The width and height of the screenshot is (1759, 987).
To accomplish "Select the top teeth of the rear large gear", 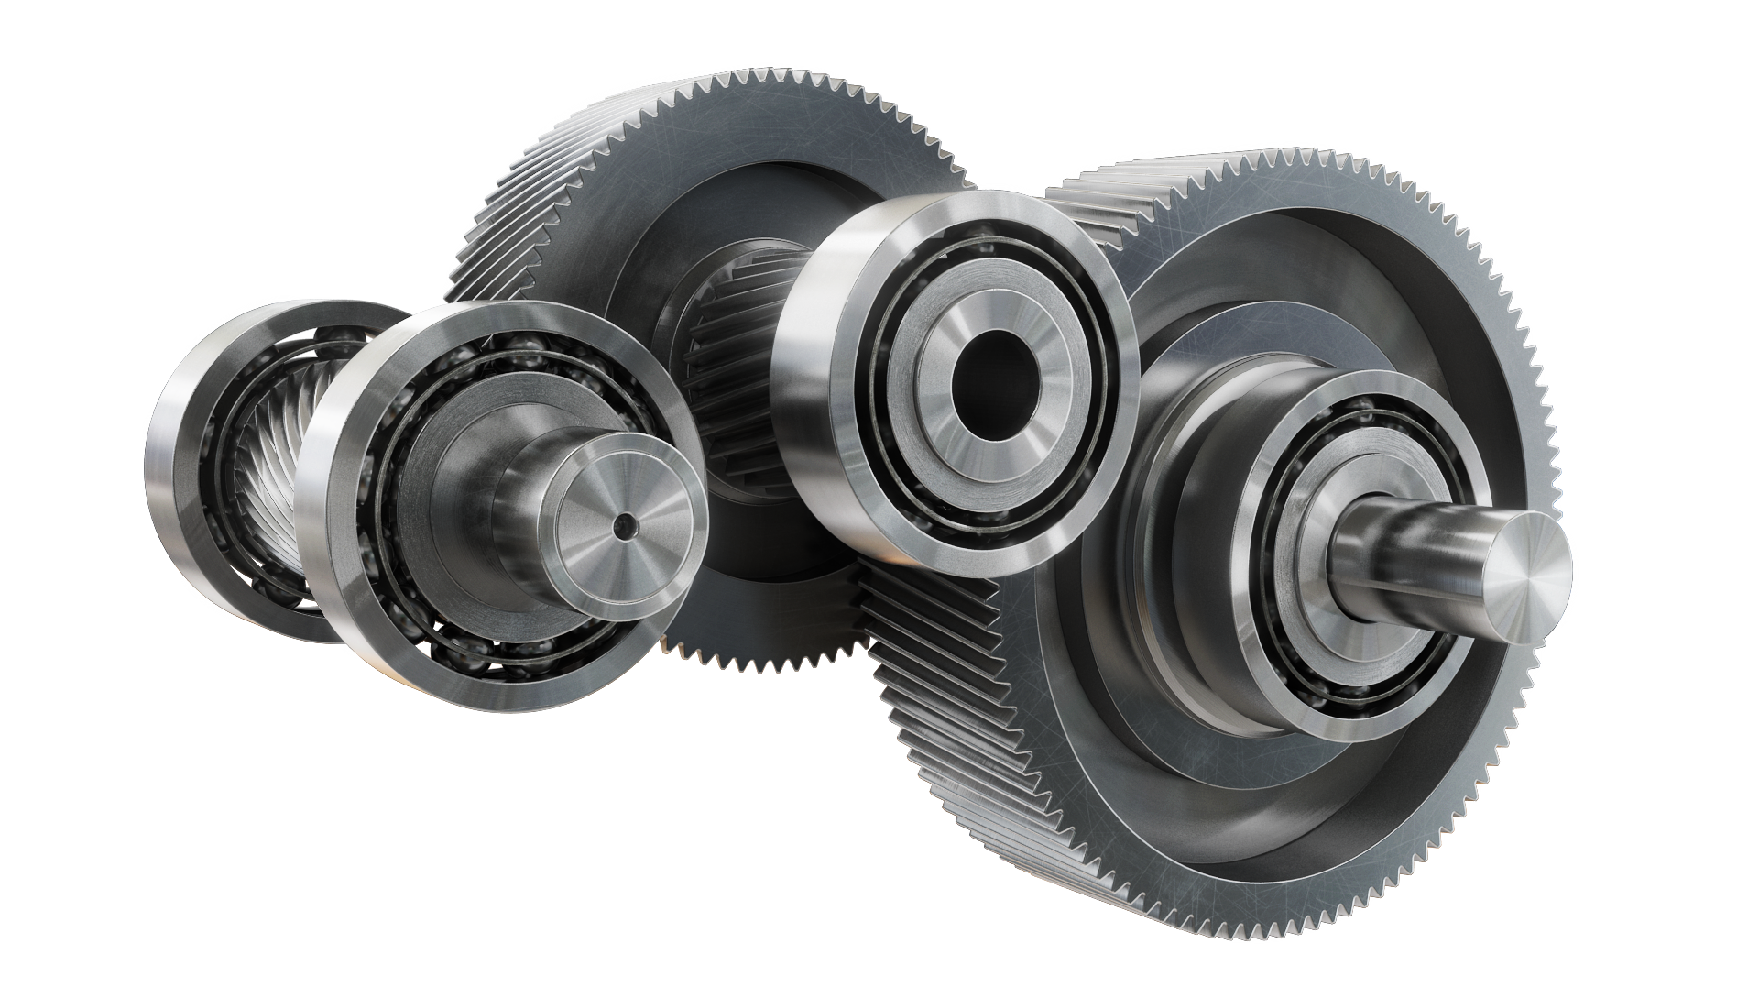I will pos(733,92).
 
